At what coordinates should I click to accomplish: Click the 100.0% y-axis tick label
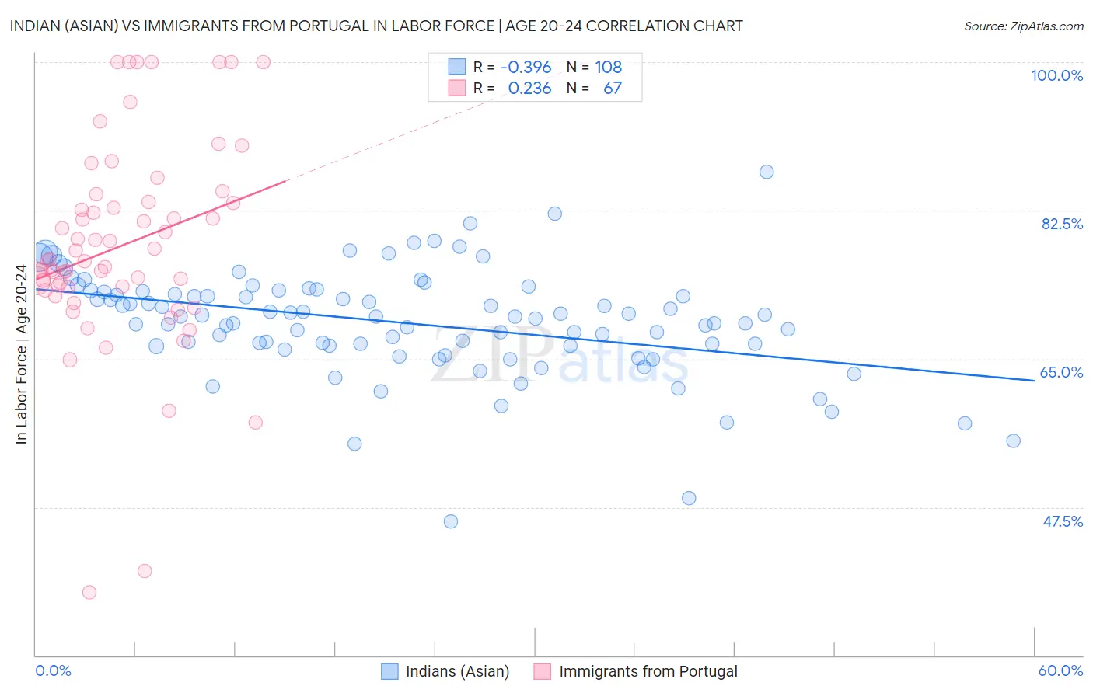click(x=1056, y=75)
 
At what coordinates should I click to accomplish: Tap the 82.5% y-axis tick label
click(x=1061, y=224)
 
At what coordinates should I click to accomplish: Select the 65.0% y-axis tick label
click(x=1061, y=372)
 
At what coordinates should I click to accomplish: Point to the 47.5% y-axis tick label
click(x=1062, y=521)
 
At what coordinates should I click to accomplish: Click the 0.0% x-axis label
click(x=53, y=670)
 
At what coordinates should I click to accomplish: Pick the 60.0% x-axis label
click(x=1060, y=670)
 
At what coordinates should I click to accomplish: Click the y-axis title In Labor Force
click(x=21, y=354)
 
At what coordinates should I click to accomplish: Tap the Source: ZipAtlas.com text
click(x=1023, y=26)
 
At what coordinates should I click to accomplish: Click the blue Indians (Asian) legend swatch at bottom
click(x=389, y=671)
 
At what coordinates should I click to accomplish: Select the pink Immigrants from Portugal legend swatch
click(x=543, y=671)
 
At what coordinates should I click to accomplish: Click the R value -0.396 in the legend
click(x=526, y=67)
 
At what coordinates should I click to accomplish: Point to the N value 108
click(x=608, y=67)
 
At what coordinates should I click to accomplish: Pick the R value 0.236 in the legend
click(x=529, y=89)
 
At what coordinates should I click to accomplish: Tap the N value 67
click(x=613, y=89)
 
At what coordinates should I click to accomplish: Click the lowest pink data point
click(x=89, y=592)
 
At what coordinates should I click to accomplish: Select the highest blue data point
click(x=766, y=172)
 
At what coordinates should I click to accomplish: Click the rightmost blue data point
click(x=1013, y=441)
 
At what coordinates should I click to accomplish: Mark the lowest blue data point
click(x=451, y=521)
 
